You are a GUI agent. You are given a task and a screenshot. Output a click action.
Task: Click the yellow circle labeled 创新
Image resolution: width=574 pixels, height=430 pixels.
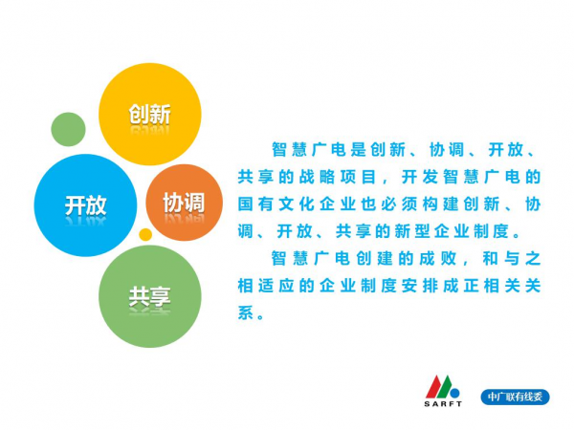pyautogui.click(x=150, y=114)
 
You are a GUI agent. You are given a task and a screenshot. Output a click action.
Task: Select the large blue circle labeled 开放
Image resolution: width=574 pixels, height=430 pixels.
pyautogui.click(x=85, y=205)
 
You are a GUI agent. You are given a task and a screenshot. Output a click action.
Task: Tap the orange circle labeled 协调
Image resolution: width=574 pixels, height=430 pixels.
pyautogui.click(x=184, y=203)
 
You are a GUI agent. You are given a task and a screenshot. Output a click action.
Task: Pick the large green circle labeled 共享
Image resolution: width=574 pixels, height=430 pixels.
pyautogui.click(x=150, y=296)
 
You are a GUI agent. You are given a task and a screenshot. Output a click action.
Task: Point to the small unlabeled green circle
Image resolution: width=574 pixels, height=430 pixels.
pyautogui.click(x=68, y=129)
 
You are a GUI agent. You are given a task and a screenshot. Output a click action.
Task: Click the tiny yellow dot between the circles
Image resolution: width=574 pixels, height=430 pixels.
pyautogui.click(x=145, y=234)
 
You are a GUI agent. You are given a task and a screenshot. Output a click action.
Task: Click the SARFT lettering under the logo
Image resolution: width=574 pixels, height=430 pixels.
pyautogui.click(x=443, y=404)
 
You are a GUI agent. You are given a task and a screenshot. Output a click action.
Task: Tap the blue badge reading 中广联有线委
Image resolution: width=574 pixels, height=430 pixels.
pyautogui.click(x=515, y=397)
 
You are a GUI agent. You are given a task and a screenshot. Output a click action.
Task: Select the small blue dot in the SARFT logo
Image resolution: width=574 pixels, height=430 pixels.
pyautogui.click(x=454, y=393)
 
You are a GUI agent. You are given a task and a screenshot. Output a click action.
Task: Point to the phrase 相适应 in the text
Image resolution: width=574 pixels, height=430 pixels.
pyautogui.click(x=266, y=286)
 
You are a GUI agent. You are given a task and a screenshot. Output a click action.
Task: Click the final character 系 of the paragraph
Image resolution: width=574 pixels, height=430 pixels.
pyautogui.click(x=246, y=312)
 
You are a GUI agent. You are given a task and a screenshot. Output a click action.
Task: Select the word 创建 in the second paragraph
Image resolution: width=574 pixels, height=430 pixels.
pyautogui.click(x=374, y=259)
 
